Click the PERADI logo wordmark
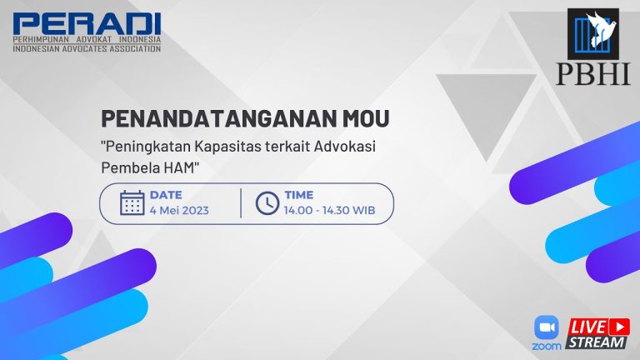[x=87, y=23]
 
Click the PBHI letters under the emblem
[x=592, y=74]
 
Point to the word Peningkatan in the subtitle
[x=147, y=147]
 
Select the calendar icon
[x=132, y=202]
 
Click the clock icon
[x=267, y=202]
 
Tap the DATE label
[x=166, y=195]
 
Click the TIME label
[x=299, y=195]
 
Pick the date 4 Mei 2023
[x=179, y=211]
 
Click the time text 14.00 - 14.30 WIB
[x=329, y=211]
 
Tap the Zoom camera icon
[x=547, y=327]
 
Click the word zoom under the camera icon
[x=547, y=347]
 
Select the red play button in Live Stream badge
[x=619, y=327]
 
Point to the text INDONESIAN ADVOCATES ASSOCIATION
[x=87, y=48]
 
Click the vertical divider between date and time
[x=241, y=203]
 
